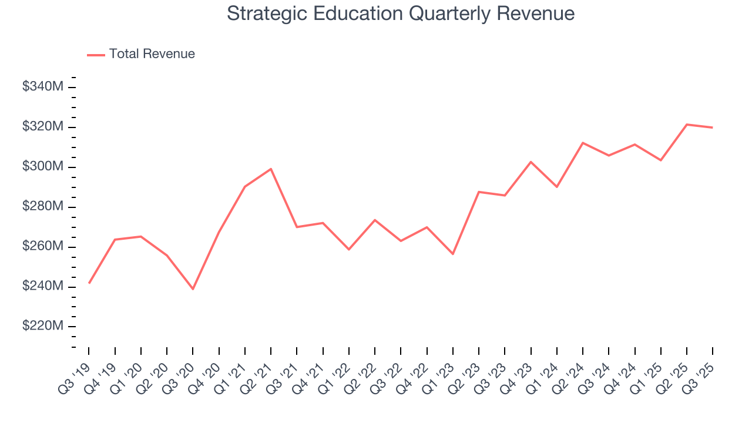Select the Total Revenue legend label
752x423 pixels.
click(x=152, y=54)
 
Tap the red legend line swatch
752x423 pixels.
click(x=96, y=55)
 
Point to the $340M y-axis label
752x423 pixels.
click(x=43, y=87)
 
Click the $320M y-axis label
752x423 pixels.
click(x=43, y=127)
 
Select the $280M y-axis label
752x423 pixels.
click(x=43, y=207)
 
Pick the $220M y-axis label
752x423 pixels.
click(x=43, y=326)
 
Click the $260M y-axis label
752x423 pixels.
click(x=43, y=247)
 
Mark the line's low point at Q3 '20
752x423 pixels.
click(x=193, y=289)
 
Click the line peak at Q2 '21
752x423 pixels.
click(x=271, y=169)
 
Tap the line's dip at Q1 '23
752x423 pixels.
click(x=453, y=254)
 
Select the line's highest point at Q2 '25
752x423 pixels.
click(x=687, y=125)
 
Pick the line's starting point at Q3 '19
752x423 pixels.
click(x=89, y=283)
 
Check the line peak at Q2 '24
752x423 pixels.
click(x=583, y=143)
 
